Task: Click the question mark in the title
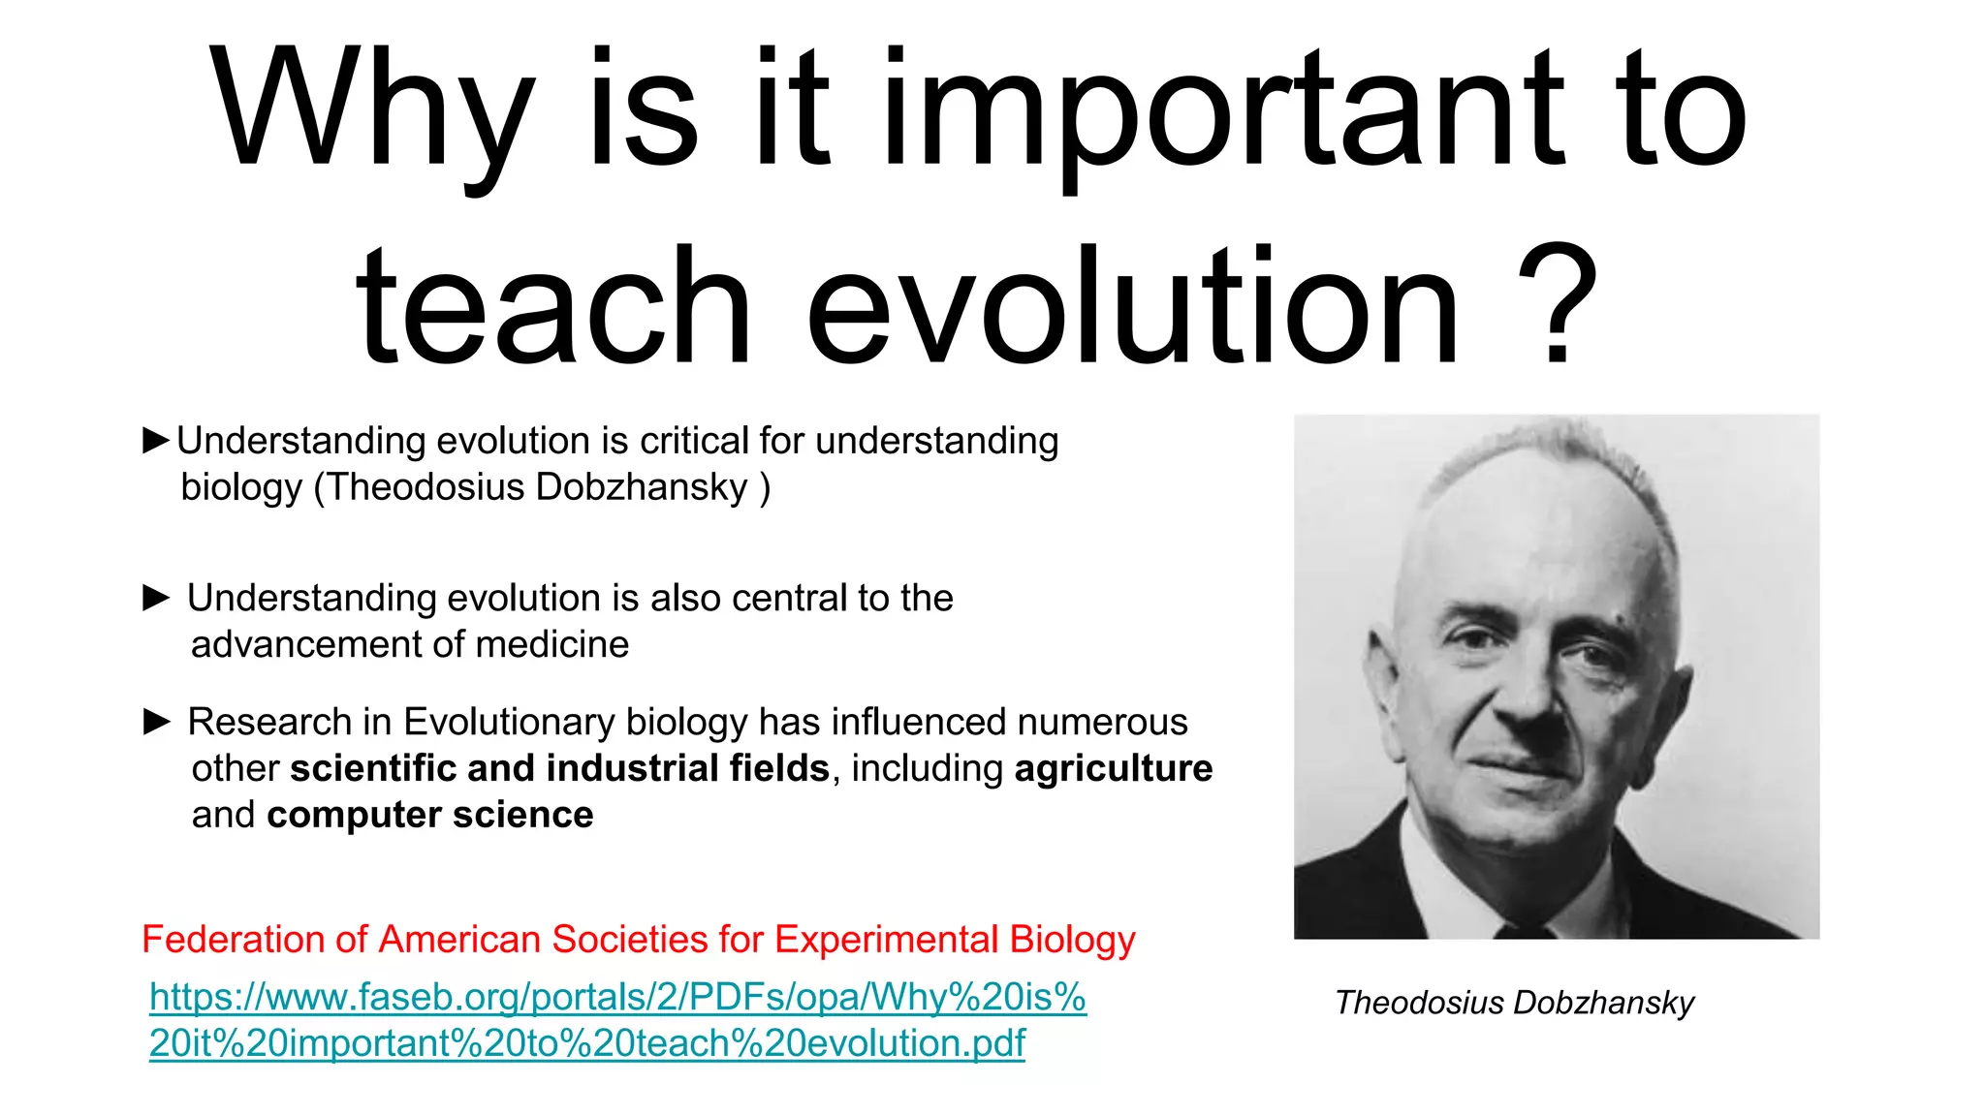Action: [1558, 305]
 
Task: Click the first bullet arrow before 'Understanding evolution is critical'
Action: [156, 441]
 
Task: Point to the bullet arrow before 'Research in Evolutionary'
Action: [156, 722]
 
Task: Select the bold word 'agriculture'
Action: [1114, 768]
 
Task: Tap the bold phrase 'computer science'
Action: [430, 815]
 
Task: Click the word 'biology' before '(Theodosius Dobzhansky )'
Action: [241, 487]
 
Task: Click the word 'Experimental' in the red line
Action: [886, 940]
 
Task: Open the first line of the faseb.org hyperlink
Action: [617, 997]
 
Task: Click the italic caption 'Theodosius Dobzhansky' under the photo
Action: [1514, 1003]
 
